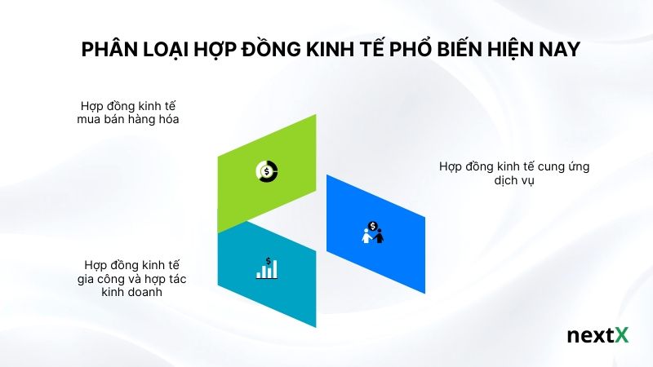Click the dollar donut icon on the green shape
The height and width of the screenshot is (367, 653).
point(266,171)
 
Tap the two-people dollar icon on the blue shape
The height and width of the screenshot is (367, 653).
point(373,232)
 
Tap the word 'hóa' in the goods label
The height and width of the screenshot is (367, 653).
point(166,120)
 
